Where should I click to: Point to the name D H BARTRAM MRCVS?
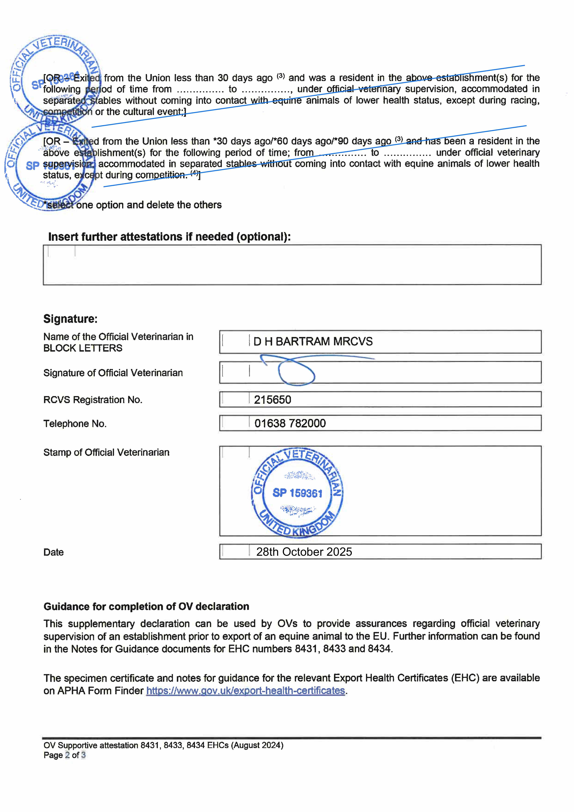[313, 342]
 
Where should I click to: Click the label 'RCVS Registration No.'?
[93, 400]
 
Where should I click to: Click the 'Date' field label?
[53, 552]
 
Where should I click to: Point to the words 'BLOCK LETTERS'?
[83, 348]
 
